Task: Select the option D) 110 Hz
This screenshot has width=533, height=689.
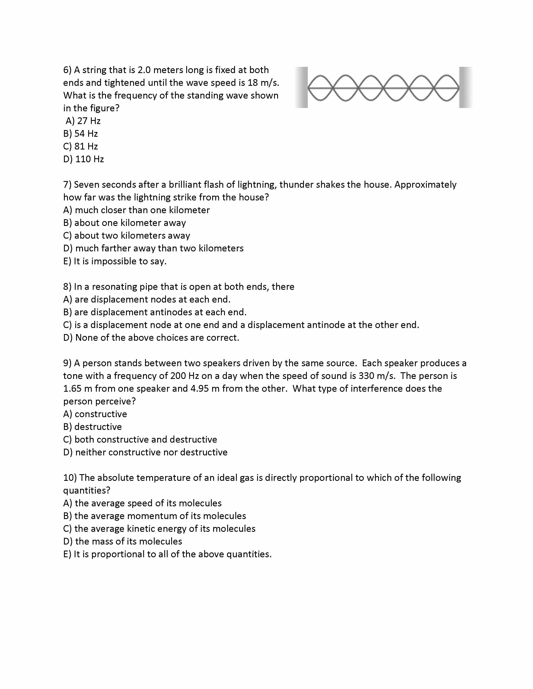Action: click(x=83, y=159)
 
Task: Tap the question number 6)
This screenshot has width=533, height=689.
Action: click(x=68, y=70)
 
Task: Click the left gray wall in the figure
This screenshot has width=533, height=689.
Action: click(x=302, y=87)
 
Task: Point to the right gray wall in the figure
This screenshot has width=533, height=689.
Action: click(x=465, y=87)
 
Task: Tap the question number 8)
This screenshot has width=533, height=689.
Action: click(x=68, y=287)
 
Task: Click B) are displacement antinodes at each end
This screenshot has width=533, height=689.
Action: click(x=155, y=312)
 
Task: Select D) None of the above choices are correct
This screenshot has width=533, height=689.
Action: click(x=151, y=338)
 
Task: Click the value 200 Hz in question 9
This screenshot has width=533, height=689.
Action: click(x=182, y=376)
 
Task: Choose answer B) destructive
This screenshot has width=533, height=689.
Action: click(x=93, y=427)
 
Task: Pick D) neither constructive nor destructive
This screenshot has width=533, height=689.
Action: click(x=145, y=452)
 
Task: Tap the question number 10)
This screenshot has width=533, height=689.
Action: click(x=70, y=478)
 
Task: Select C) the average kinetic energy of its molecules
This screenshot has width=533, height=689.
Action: click(x=159, y=529)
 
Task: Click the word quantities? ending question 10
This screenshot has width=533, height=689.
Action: click(x=87, y=491)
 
